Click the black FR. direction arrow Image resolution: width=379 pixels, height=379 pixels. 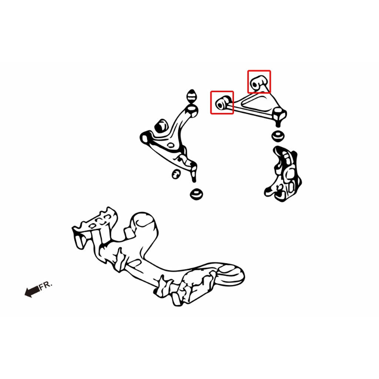coord(32,292)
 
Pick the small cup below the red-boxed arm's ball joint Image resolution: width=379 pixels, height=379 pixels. coord(278,136)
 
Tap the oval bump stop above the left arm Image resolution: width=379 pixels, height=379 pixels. coord(192,96)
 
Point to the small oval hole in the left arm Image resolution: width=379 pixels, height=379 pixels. coord(171,145)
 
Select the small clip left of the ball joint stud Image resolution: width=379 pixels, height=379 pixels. coord(176,174)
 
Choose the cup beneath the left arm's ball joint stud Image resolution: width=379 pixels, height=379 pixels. coord(196,194)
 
